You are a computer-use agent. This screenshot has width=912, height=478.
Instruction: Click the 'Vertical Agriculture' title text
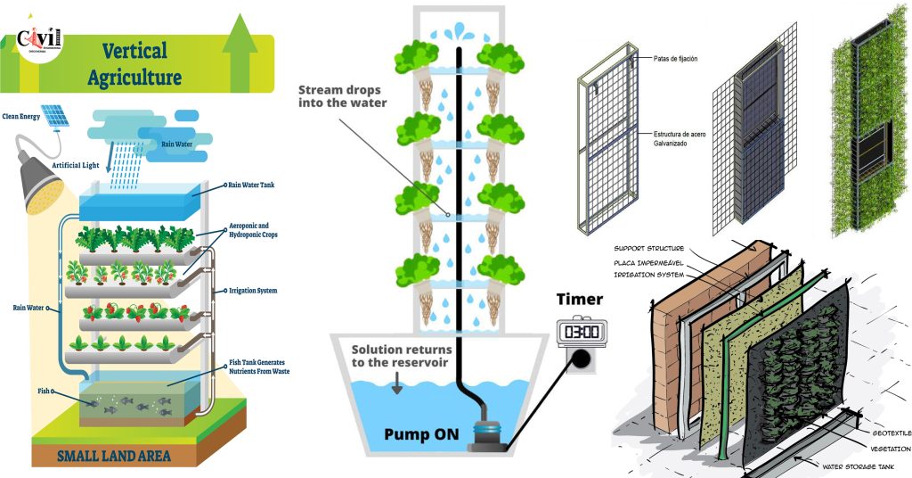point(134,63)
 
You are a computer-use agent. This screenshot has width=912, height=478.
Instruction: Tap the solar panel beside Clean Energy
point(54,115)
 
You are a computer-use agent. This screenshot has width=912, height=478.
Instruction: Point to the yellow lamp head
point(40,189)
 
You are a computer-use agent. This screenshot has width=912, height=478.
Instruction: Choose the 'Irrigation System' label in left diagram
point(254,291)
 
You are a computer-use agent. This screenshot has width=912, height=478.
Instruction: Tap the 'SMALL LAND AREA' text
point(113,457)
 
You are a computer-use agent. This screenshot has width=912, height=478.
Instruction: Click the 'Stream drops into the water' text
point(343,95)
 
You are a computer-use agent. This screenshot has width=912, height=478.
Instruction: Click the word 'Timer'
point(580,299)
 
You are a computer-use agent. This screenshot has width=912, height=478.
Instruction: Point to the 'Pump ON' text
point(421,434)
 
